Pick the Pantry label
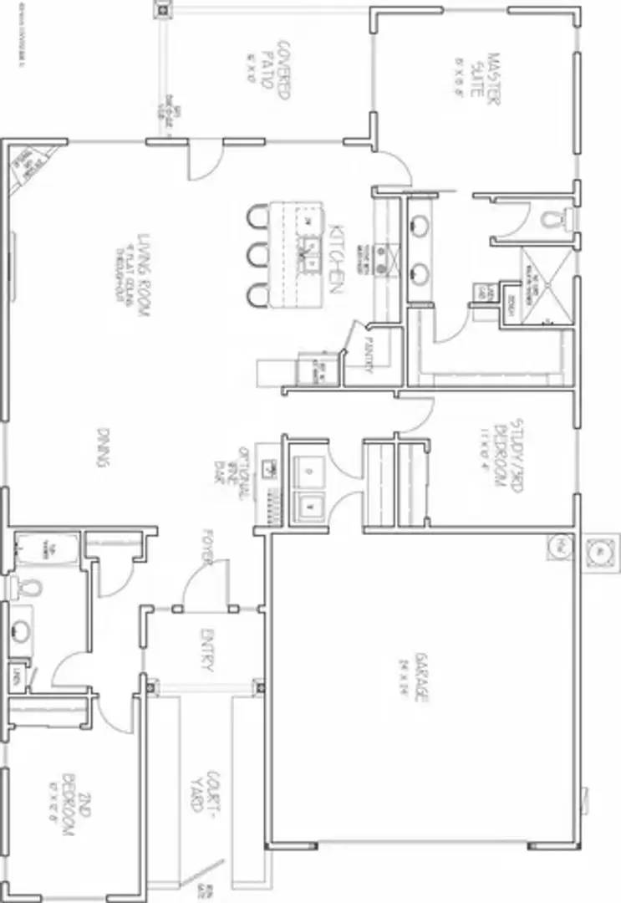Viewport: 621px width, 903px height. tap(363, 358)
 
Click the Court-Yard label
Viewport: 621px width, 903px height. tap(204, 791)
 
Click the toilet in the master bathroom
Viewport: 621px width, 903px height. tap(552, 220)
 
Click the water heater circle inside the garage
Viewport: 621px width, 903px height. tap(558, 548)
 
